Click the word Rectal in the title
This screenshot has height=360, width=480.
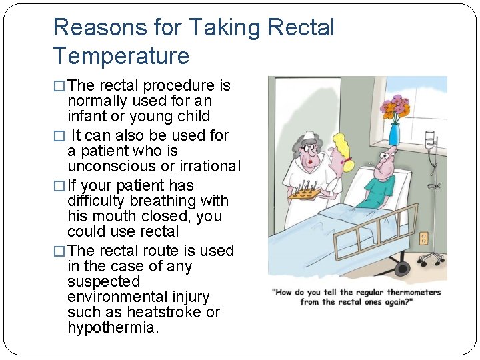point(301,27)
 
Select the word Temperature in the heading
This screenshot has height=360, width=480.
point(121,55)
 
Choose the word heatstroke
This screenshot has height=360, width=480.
point(161,312)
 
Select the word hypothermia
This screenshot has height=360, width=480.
point(113,327)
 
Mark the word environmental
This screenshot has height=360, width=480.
point(138,297)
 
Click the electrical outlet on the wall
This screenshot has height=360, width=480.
point(423,237)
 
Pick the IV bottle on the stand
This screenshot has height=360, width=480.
point(430,140)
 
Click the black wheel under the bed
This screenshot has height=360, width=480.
point(402,268)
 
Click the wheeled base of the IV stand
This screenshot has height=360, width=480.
point(433,256)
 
